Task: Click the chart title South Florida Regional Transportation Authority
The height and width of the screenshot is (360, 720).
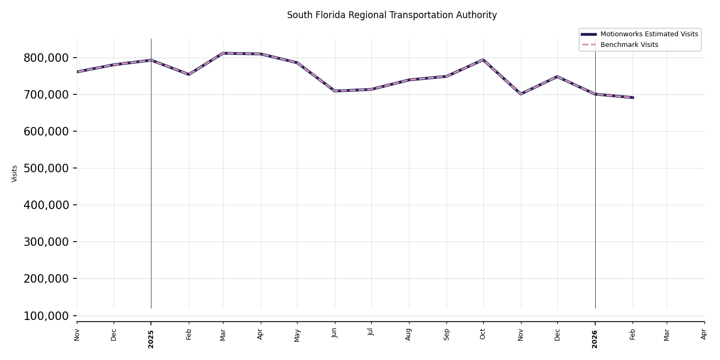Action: click(391, 15)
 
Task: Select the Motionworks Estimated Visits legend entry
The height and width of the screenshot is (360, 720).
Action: click(649, 34)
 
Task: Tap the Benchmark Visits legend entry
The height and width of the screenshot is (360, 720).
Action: click(629, 45)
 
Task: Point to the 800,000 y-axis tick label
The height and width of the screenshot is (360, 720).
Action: click(46, 58)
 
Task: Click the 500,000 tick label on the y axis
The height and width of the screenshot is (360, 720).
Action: click(46, 168)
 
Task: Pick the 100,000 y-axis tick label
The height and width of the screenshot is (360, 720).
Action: click(46, 316)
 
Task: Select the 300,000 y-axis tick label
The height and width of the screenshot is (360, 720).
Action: click(46, 242)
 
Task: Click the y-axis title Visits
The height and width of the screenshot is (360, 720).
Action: click(15, 173)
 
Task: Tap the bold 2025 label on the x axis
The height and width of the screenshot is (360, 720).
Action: click(151, 339)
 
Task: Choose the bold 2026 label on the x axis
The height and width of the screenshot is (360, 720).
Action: click(595, 339)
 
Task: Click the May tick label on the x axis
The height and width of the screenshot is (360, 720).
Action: click(297, 335)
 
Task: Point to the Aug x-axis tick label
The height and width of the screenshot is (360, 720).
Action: click(409, 334)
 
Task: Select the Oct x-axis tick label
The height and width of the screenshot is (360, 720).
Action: click(483, 334)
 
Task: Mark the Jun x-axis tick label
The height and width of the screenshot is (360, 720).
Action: click(335, 333)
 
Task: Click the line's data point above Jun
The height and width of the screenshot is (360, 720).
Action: click(335, 91)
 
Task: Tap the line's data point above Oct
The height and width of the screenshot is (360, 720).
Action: click(483, 60)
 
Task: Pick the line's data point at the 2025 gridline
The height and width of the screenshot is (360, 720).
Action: click(151, 60)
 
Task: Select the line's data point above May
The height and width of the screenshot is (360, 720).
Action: click(297, 62)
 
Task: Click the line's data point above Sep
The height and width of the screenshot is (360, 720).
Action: click(446, 76)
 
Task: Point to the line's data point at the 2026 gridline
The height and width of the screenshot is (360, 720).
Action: click(595, 94)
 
